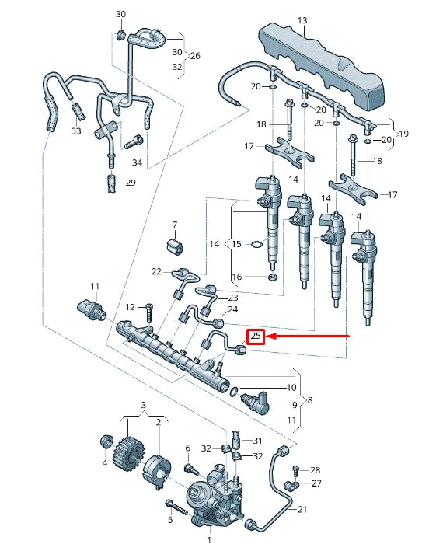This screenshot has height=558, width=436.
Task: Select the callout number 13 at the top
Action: [302, 20]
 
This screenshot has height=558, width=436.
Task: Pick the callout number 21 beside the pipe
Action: [302, 510]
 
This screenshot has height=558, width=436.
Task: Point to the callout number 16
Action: [237, 277]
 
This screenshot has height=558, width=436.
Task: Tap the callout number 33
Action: [75, 131]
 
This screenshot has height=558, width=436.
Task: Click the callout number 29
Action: [131, 183]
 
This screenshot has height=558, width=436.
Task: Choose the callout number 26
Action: [194, 56]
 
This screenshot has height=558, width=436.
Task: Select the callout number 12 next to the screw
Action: [130, 306]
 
